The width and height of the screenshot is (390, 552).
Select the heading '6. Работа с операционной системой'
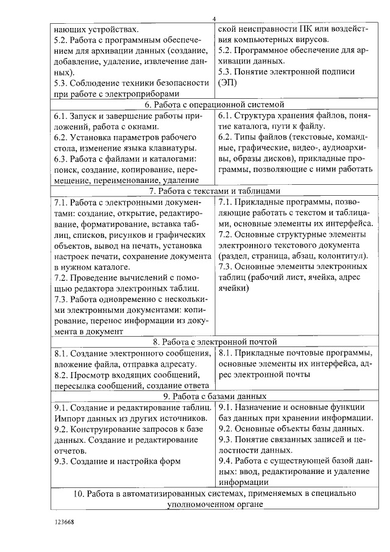point(211,104)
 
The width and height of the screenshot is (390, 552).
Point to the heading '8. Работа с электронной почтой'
point(211,342)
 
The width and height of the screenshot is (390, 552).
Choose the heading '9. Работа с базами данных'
point(211,396)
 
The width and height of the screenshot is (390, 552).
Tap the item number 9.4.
point(227,461)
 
